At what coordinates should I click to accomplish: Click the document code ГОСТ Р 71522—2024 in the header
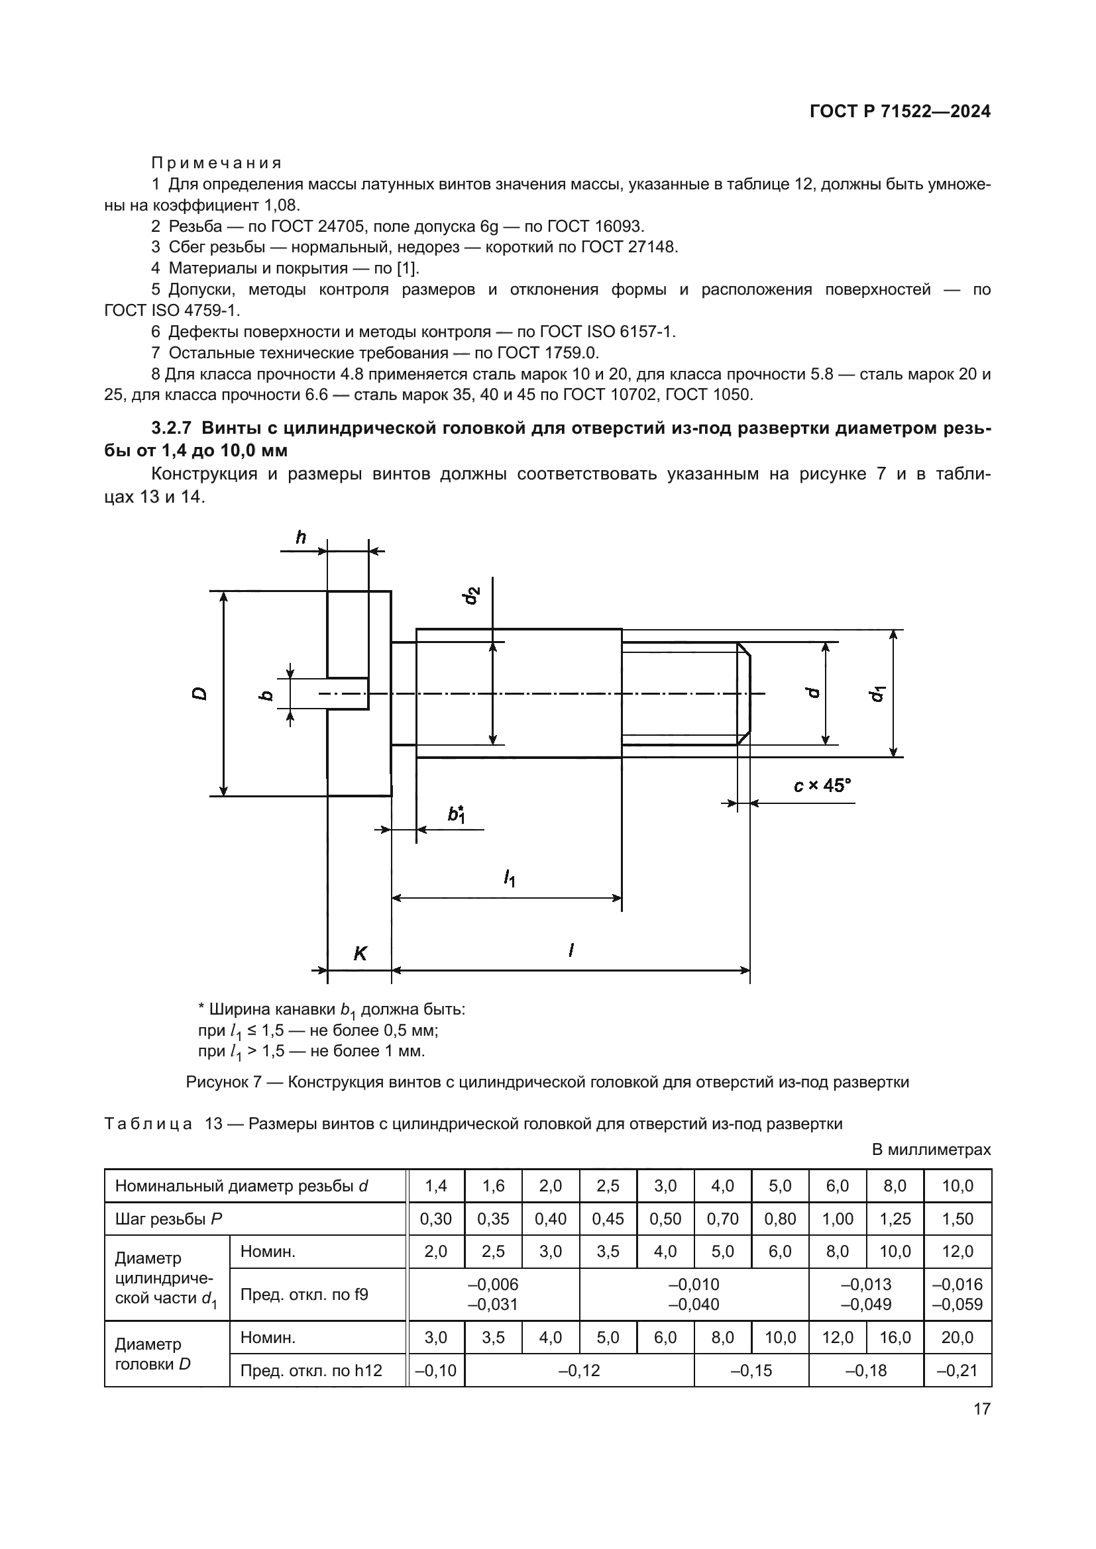pyautogui.click(x=900, y=112)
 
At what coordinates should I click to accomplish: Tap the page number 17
pyautogui.click(x=982, y=1409)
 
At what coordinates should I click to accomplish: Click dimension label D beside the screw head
pyautogui.click(x=199, y=693)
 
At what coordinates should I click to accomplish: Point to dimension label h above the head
pyautogui.click(x=301, y=538)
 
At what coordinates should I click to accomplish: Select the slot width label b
pyautogui.click(x=266, y=695)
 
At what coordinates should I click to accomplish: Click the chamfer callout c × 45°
pyautogui.click(x=821, y=785)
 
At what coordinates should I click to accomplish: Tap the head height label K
pyautogui.click(x=360, y=953)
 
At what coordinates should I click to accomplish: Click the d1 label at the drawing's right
pyautogui.click(x=877, y=693)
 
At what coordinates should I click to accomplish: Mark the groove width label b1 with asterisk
pyautogui.click(x=457, y=815)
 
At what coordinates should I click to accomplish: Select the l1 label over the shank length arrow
pyautogui.click(x=509, y=877)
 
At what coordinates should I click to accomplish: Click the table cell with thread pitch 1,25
pyautogui.click(x=895, y=1219)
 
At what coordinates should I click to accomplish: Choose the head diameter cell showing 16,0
pyautogui.click(x=895, y=1337)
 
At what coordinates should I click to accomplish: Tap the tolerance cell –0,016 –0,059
pyautogui.click(x=957, y=1294)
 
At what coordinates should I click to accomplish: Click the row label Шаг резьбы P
pyautogui.click(x=169, y=1219)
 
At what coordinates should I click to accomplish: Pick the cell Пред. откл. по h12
pyautogui.click(x=311, y=1371)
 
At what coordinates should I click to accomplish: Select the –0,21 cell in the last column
pyautogui.click(x=957, y=1371)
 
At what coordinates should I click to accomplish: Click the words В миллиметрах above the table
pyautogui.click(x=931, y=1150)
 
